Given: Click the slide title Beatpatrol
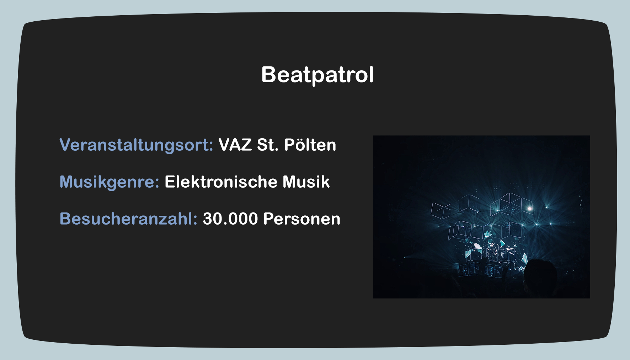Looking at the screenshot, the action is point(317,75).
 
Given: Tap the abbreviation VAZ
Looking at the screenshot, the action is point(235,145).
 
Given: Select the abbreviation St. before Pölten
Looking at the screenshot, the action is point(268,145).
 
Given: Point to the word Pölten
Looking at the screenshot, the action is point(310,145).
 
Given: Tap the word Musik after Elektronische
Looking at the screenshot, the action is point(306,182).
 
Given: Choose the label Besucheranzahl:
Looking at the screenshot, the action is point(128,219).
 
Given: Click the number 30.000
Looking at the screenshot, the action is point(230,219).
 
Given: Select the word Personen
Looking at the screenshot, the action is point(302,219).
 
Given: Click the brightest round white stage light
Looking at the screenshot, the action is point(529,209).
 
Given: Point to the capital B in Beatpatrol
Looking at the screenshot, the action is point(269,74).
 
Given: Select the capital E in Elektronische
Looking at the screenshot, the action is point(170,182).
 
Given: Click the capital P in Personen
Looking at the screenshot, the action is point(269,219).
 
